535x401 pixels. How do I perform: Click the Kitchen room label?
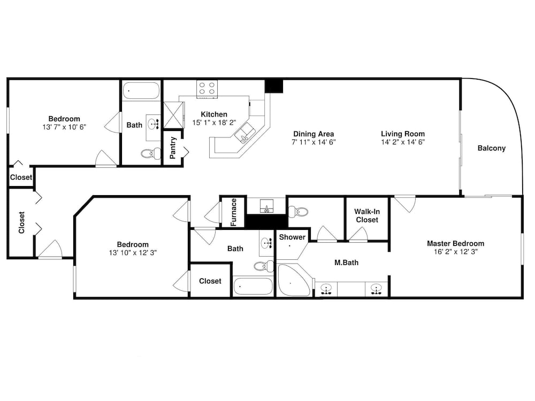coord(214,114)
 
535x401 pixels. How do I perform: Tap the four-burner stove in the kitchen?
coord(207,89)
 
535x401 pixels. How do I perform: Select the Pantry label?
coord(173,148)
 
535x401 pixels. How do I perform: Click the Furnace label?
coord(233,212)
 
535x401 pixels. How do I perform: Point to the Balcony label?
coord(491,148)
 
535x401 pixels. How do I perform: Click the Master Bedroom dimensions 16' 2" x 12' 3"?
coord(455,252)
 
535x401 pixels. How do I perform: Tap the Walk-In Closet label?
coord(367,215)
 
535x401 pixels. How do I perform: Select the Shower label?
coord(292,237)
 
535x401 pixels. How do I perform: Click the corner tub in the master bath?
coord(294,280)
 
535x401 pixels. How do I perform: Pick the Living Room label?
coord(403,134)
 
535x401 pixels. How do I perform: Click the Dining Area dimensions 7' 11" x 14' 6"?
coord(314,142)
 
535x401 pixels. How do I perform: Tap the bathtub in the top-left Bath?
coord(141,90)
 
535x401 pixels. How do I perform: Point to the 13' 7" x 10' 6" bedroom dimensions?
coord(64,127)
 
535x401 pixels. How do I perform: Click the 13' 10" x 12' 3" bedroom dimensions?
coord(133,253)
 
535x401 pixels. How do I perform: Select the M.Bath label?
coord(346,263)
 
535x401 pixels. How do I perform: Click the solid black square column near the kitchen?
coord(273,86)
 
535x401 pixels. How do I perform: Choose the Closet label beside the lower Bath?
coord(210,281)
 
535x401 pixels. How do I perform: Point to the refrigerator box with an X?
coord(174,115)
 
